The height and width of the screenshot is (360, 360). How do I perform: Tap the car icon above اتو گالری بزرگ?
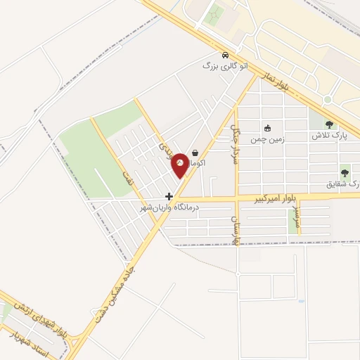pos(224,55)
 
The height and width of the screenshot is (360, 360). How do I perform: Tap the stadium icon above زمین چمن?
pos(267,128)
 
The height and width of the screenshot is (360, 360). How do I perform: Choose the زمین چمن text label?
pos(267,139)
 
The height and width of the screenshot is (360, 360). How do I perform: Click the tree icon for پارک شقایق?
pos(345,172)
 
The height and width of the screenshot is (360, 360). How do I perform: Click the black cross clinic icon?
pos(169,197)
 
